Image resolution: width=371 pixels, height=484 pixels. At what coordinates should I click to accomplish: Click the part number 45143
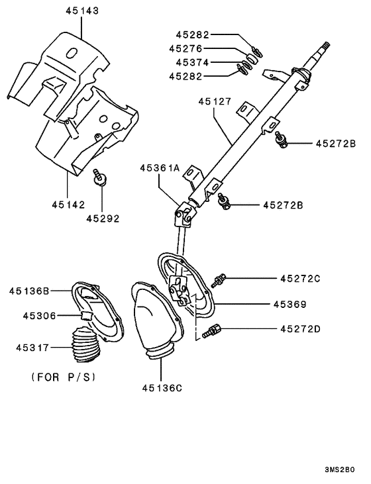point(81,11)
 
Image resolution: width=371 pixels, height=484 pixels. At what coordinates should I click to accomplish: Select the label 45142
point(68,204)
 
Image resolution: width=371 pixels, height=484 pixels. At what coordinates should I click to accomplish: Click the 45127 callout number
point(215,102)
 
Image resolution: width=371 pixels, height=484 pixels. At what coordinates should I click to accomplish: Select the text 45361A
point(160,169)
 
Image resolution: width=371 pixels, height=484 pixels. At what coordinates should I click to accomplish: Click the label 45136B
point(30,291)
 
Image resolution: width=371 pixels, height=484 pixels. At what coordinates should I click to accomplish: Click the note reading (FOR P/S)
point(64,377)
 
